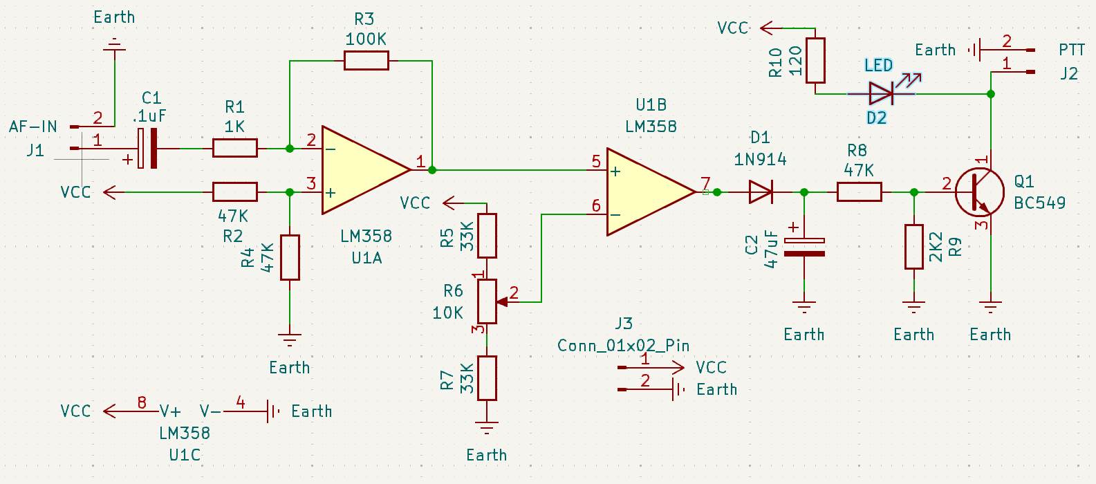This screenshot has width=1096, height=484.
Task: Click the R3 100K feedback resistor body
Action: pos(366,61)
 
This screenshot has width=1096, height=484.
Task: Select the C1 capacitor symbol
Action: pos(148,148)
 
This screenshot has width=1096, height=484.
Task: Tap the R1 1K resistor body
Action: pos(234,148)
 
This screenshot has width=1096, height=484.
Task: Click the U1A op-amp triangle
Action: pos(363,170)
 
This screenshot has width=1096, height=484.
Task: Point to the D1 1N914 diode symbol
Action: pos(761,192)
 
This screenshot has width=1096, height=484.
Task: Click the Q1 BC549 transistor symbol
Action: pos(980,192)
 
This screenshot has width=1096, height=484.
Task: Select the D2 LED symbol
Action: pos(882,93)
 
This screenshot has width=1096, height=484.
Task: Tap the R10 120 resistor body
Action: pos(816,60)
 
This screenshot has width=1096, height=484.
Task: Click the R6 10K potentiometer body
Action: pos(487,301)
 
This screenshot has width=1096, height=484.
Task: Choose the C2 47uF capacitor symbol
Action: pos(804,247)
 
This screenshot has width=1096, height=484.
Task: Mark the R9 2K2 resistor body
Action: pos(914,246)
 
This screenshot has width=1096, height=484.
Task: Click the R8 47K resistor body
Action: pos(859,192)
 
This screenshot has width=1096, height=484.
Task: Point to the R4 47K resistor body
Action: pos(290,257)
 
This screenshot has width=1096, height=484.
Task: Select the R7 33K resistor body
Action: pos(487,378)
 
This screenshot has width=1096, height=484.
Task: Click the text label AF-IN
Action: pos(33,127)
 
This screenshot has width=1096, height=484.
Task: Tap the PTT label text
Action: pos(1072,50)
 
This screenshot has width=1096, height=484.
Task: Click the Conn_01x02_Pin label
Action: pos(623,346)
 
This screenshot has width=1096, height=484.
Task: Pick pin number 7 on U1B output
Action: pos(705,183)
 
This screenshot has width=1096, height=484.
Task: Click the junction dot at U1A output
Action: pos(432,169)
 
